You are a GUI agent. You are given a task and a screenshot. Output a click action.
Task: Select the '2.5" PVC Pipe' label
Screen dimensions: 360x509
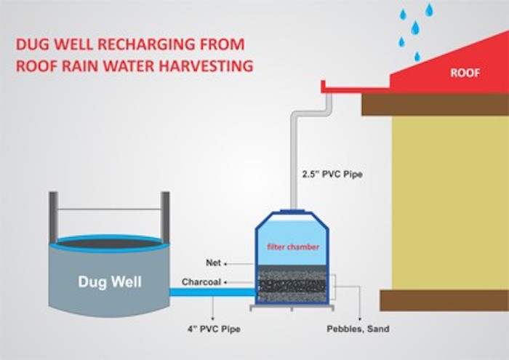[x=332, y=175]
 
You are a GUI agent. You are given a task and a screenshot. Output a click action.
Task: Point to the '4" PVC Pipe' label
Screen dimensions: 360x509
[x=214, y=329]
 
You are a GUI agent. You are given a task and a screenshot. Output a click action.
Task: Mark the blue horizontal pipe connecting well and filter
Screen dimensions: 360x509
[x=211, y=292]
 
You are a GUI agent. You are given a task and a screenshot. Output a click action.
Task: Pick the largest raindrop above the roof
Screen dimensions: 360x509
[x=415, y=28]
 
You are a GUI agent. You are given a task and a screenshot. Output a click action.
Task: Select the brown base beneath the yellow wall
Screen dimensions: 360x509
[x=444, y=300]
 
